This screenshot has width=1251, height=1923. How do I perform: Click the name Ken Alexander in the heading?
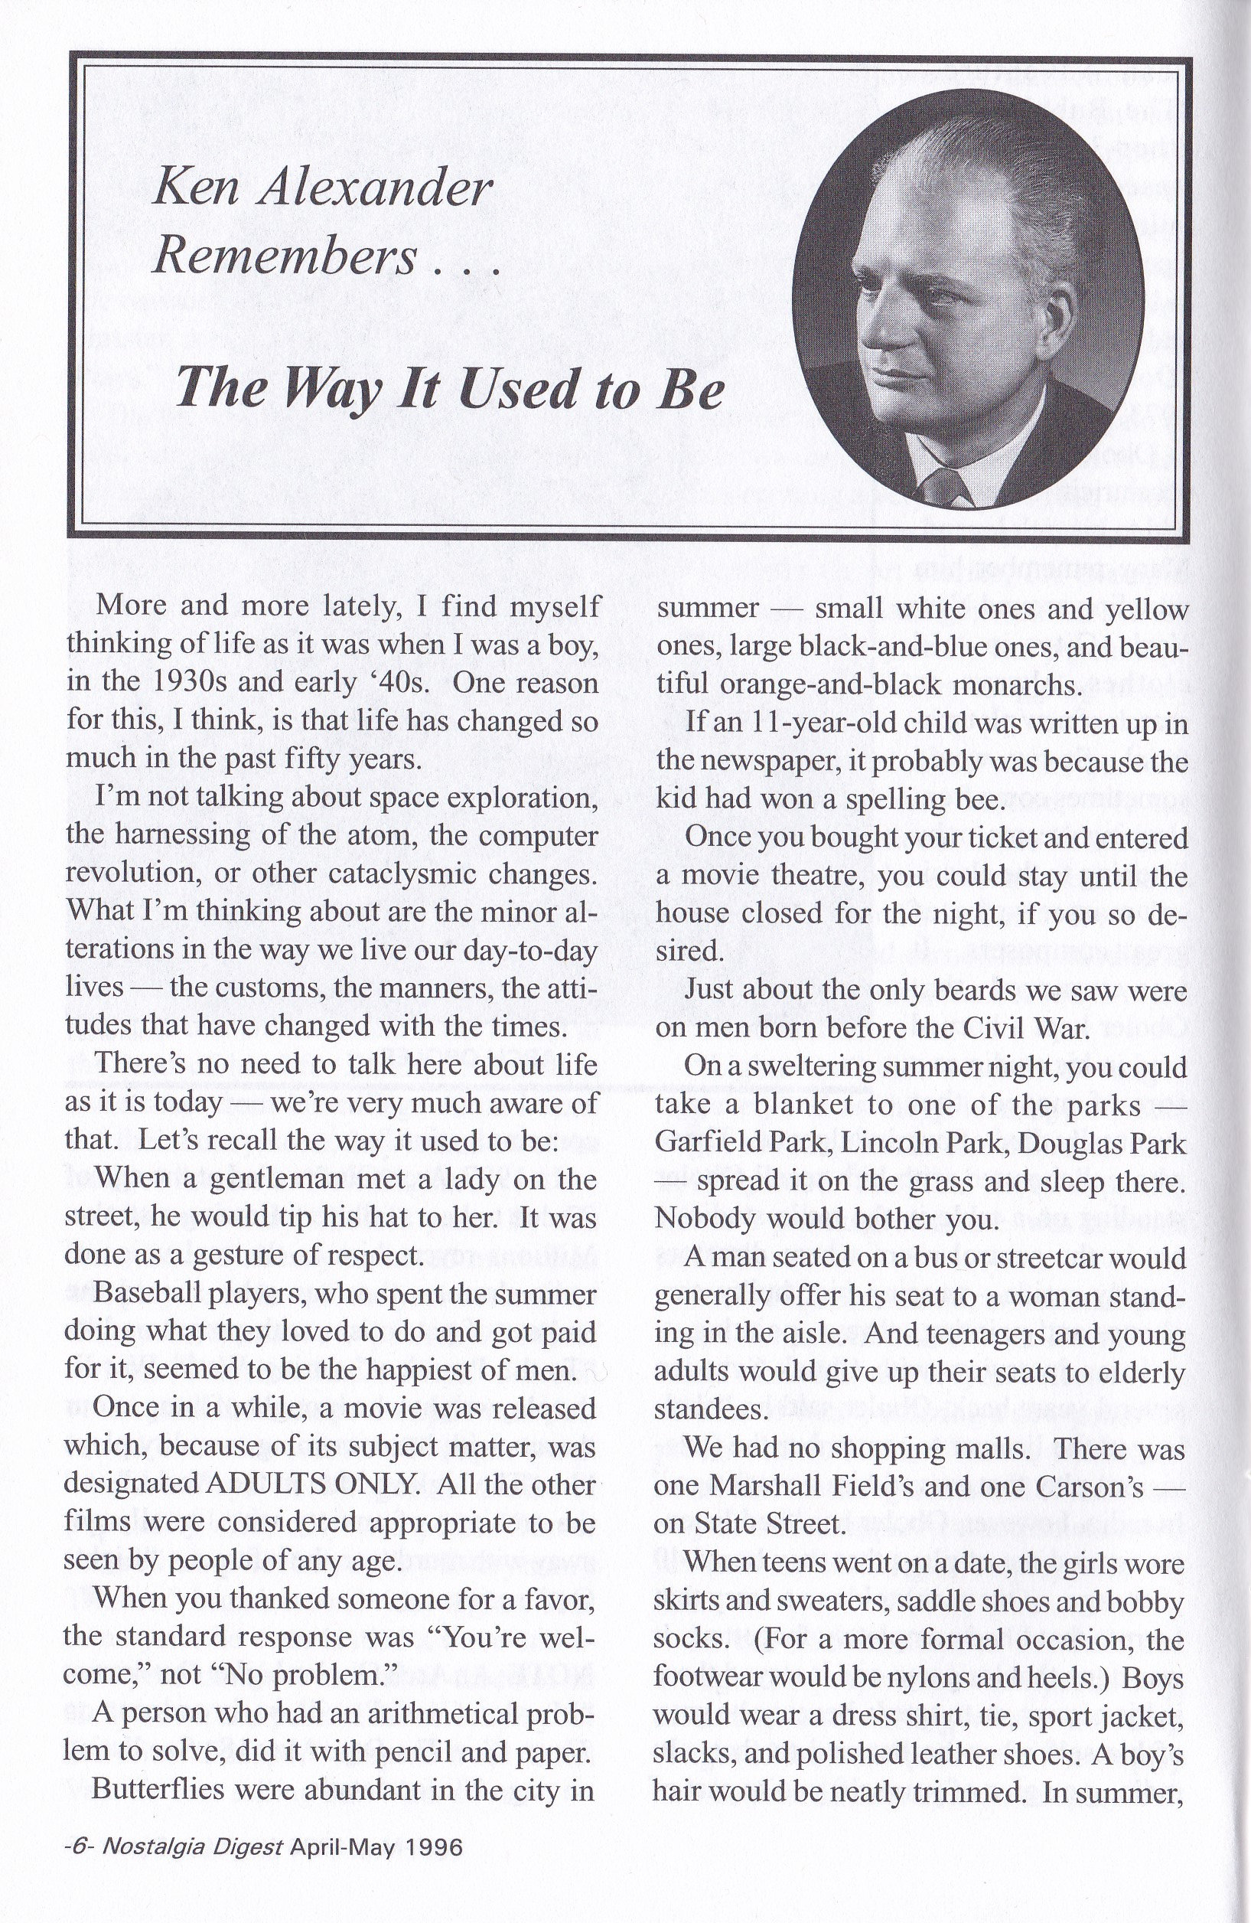tap(321, 190)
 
